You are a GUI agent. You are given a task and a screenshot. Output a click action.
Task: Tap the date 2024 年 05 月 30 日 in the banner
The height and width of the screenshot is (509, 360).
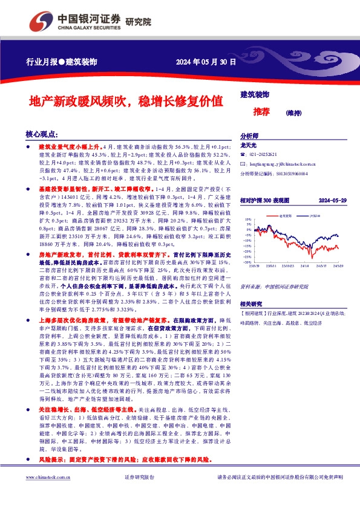pyautogui.click(x=206, y=62)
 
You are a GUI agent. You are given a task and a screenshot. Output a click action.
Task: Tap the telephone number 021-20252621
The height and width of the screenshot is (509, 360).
pyautogui.click(x=266, y=155)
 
